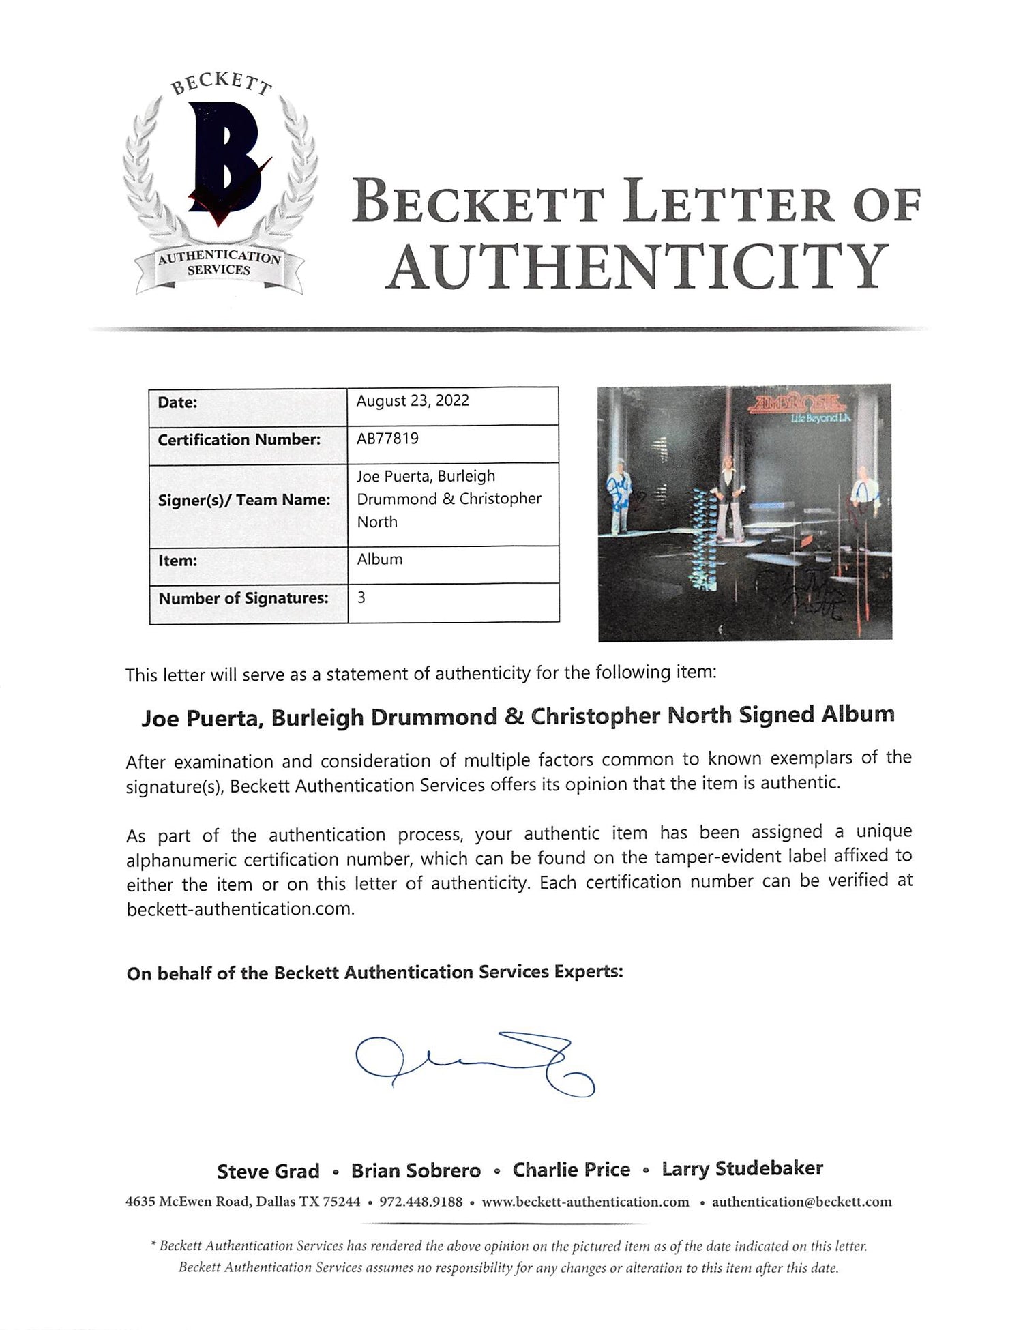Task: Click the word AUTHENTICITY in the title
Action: [638, 266]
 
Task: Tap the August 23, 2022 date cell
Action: [413, 400]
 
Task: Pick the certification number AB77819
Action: [387, 439]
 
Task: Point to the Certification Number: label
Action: [239, 440]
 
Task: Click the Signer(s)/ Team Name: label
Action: [243, 500]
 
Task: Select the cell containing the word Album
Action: [379, 559]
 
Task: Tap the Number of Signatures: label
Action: [243, 598]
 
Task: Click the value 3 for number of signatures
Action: [361, 597]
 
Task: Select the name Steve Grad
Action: [268, 1171]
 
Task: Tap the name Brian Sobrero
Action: [415, 1171]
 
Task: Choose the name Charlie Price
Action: [571, 1170]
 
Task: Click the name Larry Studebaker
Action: [742, 1169]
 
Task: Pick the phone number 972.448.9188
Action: [420, 1202]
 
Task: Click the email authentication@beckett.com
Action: [801, 1202]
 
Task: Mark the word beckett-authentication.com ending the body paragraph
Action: [240, 909]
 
